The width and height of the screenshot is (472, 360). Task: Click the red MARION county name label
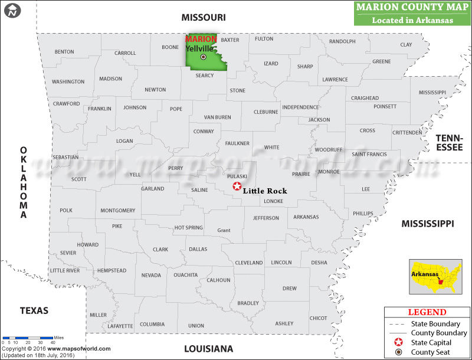(x=201, y=40)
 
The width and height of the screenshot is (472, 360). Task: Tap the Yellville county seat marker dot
(x=204, y=57)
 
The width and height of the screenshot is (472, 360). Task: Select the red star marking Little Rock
(x=237, y=186)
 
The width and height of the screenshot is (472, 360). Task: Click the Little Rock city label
(x=265, y=191)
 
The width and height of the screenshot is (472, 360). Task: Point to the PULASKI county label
(x=237, y=176)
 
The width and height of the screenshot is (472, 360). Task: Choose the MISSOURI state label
(x=204, y=18)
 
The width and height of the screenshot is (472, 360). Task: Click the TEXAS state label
(x=34, y=310)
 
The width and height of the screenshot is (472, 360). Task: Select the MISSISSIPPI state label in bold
(x=428, y=224)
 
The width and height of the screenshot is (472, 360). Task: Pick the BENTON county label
(x=64, y=52)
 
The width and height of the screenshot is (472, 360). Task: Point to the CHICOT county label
(x=318, y=318)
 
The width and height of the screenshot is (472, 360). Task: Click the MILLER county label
(x=99, y=315)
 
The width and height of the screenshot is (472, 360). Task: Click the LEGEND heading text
(x=427, y=312)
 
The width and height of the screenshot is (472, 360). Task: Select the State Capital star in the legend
(x=399, y=342)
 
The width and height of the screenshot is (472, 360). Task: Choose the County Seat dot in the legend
(x=399, y=352)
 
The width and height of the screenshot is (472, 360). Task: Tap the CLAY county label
(x=406, y=45)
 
